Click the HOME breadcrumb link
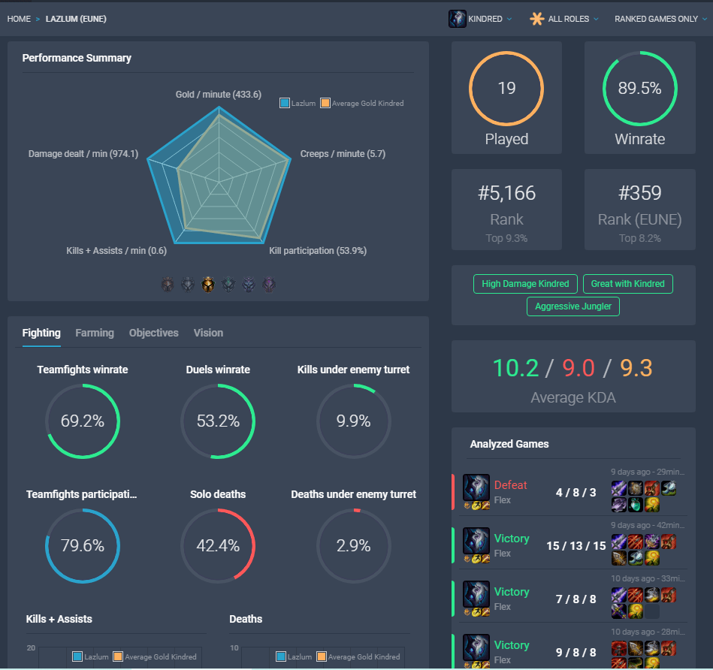[x=19, y=19]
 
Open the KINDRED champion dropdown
[x=482, y=19]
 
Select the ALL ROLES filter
[x=565, y=19]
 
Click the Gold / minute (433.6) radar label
[x=219, y=95]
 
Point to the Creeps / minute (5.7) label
[x=343, y=154]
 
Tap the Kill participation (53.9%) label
[x=318, y=251]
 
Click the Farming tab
[x=95, y=333]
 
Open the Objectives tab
[x=153, y=333]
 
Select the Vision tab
[x=208, y=333]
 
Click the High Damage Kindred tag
[x=526, y=284]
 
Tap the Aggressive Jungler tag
[x=574, y=306]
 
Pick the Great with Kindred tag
[x=627, y=284]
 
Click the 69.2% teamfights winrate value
[x=83, y=421]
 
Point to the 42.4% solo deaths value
[x=218, y=545]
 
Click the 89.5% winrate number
[x=639, y=88]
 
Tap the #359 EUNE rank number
[x=639, y=193]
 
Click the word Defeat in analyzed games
[x=511, y=485]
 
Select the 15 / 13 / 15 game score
[x=576, y=546]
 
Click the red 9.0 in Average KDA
[x=579, y=369]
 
